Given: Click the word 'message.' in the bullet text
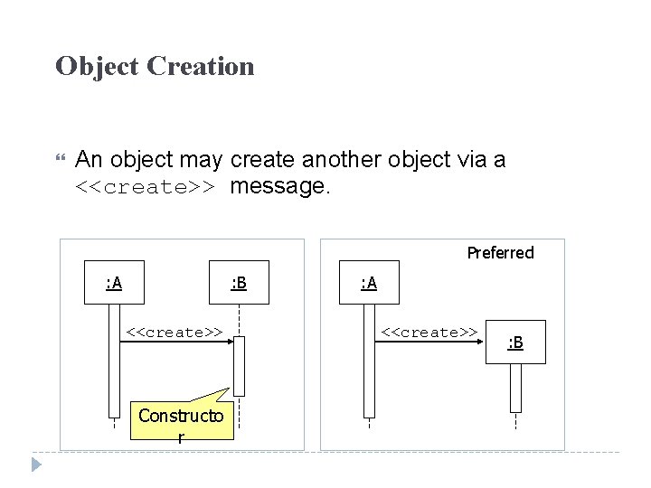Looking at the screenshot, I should pyautogui.click(x=280, y=187).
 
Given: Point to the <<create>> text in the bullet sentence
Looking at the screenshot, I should pyautogui.click(x=145, y=188).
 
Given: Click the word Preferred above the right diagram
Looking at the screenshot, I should pyautogui.click(x=500, y=253).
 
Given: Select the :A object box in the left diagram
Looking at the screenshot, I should pyautogui.click(x=114, y=284).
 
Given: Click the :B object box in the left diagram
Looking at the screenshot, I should pyautogui.click(x=239, y=284).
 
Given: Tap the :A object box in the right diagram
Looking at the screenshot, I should pyautogui.click(x=368, y=284).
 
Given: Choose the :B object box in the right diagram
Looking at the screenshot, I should pyautogui.click(x=515, y=343).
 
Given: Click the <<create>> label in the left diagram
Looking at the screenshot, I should pyautogui.click(x=175, y=332).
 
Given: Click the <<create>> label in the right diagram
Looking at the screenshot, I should pyautogui.click(x=429, y=332).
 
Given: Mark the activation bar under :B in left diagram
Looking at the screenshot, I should pyautogui.click(x=239, y=366).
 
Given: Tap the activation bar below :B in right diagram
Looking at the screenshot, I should pyautogui.click(x=515, y=387).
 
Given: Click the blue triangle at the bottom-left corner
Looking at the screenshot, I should pyautogui.click(x=36, y=465).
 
